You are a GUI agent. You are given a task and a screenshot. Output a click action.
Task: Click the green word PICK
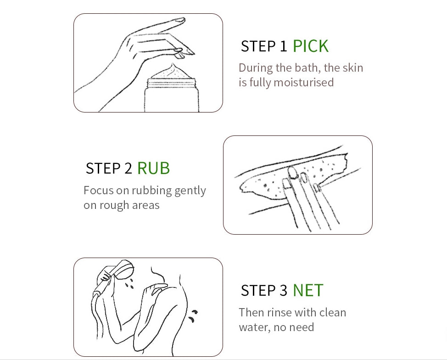point(310,46)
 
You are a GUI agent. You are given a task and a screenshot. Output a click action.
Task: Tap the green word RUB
point(153,168)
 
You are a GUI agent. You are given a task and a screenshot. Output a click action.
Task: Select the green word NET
point(308,290)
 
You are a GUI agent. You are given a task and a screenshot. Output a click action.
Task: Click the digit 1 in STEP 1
point(283,46)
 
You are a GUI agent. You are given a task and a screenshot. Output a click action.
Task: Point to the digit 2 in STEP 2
point(129,168)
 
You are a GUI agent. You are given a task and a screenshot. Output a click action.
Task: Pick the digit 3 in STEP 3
point(283,290)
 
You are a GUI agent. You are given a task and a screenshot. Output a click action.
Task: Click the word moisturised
point(304,82)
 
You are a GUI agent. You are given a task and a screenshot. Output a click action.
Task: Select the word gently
point(190,191)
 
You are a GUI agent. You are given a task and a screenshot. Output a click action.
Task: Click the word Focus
point(99,190)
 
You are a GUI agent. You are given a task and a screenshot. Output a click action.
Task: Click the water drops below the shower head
point(130,284)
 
